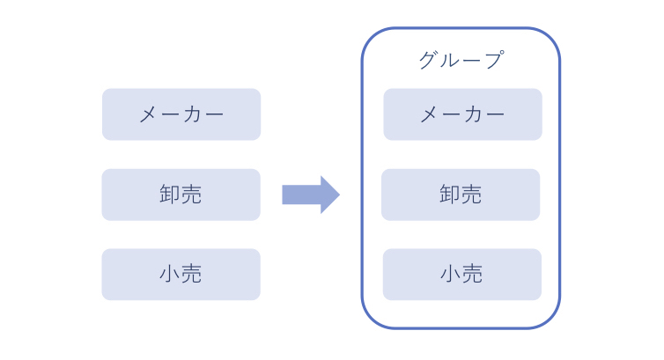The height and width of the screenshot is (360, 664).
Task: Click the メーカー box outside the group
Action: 181,114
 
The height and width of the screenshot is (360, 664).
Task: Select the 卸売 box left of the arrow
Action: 181,195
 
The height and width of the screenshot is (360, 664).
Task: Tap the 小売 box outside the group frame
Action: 181,275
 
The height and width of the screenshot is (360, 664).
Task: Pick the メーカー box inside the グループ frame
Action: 462,114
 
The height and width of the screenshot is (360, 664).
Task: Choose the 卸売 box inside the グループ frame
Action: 461,195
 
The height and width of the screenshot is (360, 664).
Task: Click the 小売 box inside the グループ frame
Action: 461,275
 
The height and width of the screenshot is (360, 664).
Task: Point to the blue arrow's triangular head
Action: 329,195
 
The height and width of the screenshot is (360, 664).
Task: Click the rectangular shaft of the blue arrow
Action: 300,195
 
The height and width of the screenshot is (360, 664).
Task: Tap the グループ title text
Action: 461,60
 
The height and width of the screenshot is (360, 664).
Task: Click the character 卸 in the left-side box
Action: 170,195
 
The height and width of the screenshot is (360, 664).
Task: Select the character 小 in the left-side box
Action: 170,275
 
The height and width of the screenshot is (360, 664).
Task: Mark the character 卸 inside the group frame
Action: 450,195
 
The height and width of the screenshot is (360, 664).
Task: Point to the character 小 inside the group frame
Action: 451,275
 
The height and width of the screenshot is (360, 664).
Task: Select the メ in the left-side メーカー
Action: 149,114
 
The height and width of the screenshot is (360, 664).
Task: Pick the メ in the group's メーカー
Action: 430,114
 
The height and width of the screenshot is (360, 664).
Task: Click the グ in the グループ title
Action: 429,60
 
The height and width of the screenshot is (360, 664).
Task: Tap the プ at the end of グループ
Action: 493,60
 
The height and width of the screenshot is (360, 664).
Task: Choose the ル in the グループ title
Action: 450,60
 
